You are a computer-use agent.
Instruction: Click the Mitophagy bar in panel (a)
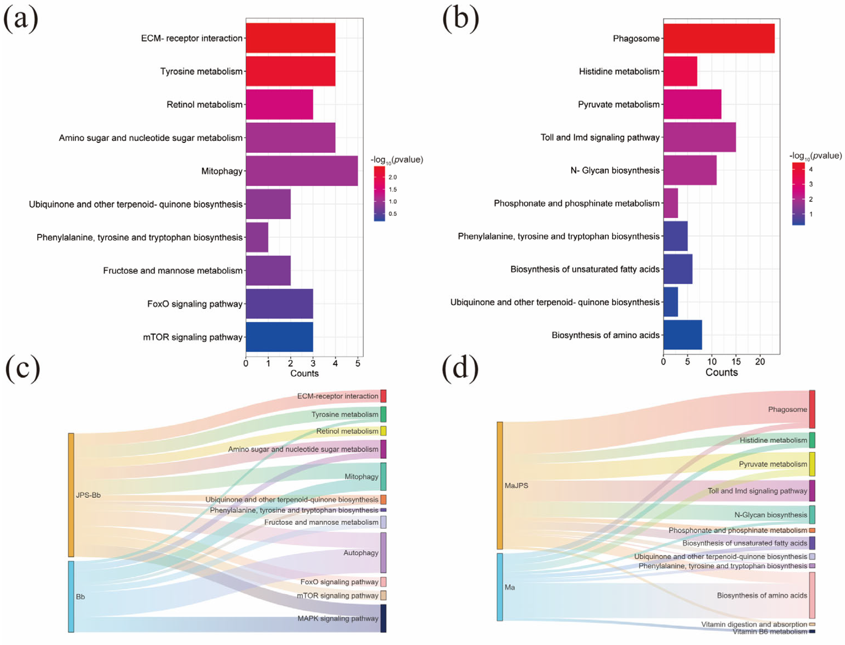pyautogui.click(x=302, y=171)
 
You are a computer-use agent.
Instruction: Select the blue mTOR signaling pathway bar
pyautogui.click(x=279, y=337)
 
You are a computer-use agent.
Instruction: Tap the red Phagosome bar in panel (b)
pyautogui.click(x=719, y=38)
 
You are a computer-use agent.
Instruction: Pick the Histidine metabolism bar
pyautogui.click(x=680, y=71)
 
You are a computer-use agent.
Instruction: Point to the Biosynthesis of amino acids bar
pyautogui.click(x=683, y=335)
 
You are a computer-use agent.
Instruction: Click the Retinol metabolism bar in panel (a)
pyautogui.click(x=279, y=105)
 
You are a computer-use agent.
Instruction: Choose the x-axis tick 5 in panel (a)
pyautogui.click(x=358, y=363)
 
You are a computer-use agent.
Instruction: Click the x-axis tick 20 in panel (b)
pyautogui.click(x=760, y=362)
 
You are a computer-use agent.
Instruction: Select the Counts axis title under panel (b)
pyautogui.click(x=721, y=372)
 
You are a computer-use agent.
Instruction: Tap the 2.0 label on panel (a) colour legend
pyautogui.click(x=392, y=177)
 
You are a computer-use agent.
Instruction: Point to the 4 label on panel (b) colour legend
pyautogui.click(x=811, y=169)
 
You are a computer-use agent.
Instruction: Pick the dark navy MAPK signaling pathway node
pyautogui.click(x=383, y=618)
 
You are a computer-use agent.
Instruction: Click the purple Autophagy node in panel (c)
pyautogui.click(x=383, y=552)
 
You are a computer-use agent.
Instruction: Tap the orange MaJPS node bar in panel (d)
pyautogui.click(x=500, y=485)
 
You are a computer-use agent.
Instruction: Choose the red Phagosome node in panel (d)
pyautogui.click(x=812, y=409)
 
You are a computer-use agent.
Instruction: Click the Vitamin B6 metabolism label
pyautogui.click(x=770, y=631)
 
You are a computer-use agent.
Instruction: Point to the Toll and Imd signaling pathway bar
pyautogui.click(x=699, y=137)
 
